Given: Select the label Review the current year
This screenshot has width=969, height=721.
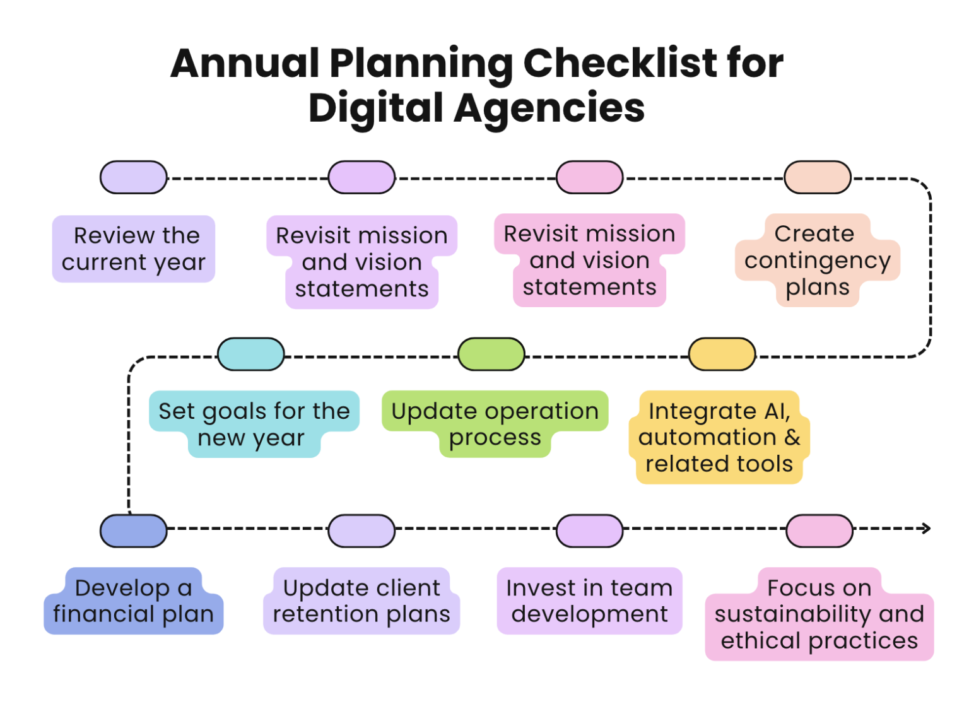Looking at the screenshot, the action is click(x=133, y=249).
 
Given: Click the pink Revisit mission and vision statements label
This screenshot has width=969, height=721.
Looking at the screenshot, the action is click(x=589, y=260).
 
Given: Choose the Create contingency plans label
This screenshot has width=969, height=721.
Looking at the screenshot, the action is click(x=817, y=260).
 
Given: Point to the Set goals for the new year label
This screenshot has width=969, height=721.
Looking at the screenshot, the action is click(x=254, y=424).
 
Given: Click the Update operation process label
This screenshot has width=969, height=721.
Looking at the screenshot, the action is click(x=495, y=424).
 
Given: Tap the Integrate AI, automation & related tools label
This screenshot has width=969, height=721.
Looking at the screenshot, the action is click(x=719, y=437).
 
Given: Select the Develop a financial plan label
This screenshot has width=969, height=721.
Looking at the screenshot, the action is click(x=133, y=601).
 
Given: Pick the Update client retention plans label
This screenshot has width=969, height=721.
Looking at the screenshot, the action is click(x=361, y=601).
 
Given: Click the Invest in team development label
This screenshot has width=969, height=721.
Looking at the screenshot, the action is click(x=589, y=601).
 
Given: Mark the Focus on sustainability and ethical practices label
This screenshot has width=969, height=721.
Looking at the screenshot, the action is click(x=819, y=614).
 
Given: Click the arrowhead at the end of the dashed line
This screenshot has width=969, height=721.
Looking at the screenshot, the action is click(x=926, y=529).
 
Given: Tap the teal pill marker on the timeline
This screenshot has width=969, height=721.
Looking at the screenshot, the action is click(x=251, y=354).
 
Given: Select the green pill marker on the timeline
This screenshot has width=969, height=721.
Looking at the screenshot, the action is click(x=491, y=354).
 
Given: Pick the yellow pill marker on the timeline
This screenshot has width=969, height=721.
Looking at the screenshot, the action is click(x=722, y=354).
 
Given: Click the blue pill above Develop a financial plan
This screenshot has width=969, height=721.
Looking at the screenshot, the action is click(x=133, y=530).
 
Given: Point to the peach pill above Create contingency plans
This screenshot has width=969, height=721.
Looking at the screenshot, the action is click(x=818, y=177).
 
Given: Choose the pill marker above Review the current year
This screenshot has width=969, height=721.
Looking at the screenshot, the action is click(x=133, y=177).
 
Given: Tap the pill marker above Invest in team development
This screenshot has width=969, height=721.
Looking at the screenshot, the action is click(x=589, y=530).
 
